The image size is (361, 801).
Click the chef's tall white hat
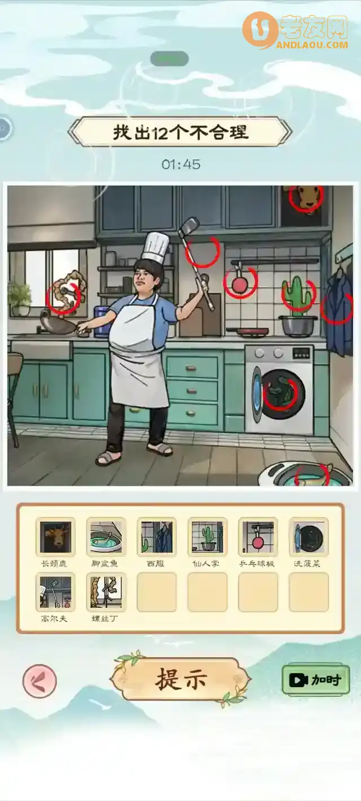[156, 246]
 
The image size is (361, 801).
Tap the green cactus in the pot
[297, 294]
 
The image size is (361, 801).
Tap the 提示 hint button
[180, 679]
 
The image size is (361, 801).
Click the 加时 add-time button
[315, 679]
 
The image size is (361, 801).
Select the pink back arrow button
[39, 681]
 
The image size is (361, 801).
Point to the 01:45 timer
[180, 164]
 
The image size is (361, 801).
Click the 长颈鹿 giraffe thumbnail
[55, 537]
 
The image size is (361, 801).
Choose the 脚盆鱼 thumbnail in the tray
[106, 537]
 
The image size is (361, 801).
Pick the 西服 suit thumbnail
[157, 537]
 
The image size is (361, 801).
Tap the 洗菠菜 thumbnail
[309, 537]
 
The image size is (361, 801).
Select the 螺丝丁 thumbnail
[106, 592]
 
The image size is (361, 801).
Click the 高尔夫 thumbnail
[55, 592]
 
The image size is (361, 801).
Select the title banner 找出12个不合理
[180, 133]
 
